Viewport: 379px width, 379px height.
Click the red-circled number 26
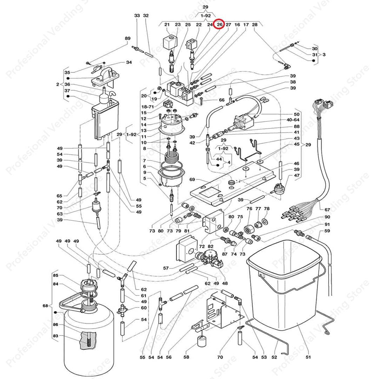click(220, 25)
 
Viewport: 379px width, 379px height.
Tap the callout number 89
click(127, 38)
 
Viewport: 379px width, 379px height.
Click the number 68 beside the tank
click(45, 306)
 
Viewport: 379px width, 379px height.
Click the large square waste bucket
click(281, 281)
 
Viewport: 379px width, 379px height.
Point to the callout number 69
click(192, 180)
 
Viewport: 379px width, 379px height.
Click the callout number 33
click(137, 15)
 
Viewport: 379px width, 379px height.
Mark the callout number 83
click(55, 336)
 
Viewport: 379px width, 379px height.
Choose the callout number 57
click(166, 268)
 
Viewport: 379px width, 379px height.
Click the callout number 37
click(67, 91)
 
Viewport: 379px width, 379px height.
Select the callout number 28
click(255, 25)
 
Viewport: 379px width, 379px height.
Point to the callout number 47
click(297, 175)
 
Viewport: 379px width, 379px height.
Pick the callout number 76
click(250, 209)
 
